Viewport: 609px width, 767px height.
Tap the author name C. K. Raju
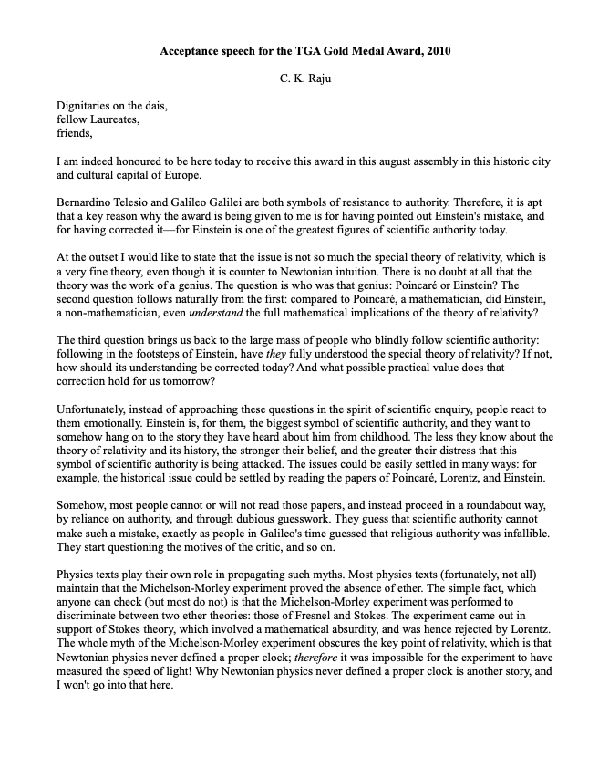tap(304, 79)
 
